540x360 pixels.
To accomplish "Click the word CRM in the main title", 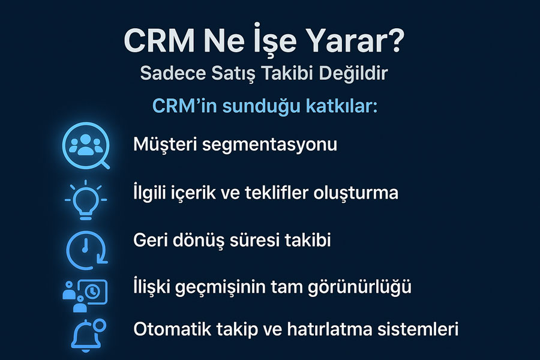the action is (x=160, y=41).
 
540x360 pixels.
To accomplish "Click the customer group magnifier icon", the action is (x=86, y=145).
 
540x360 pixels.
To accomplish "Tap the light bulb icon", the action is (x=86, y=200).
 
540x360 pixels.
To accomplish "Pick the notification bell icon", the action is (x=88, y=335).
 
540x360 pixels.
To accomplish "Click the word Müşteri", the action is (x=166, y=144).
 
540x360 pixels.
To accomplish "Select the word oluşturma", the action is (x=356, y=193).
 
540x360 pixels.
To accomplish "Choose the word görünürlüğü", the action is (x=359, y=287).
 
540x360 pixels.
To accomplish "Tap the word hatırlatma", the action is (x=329, y=329).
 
